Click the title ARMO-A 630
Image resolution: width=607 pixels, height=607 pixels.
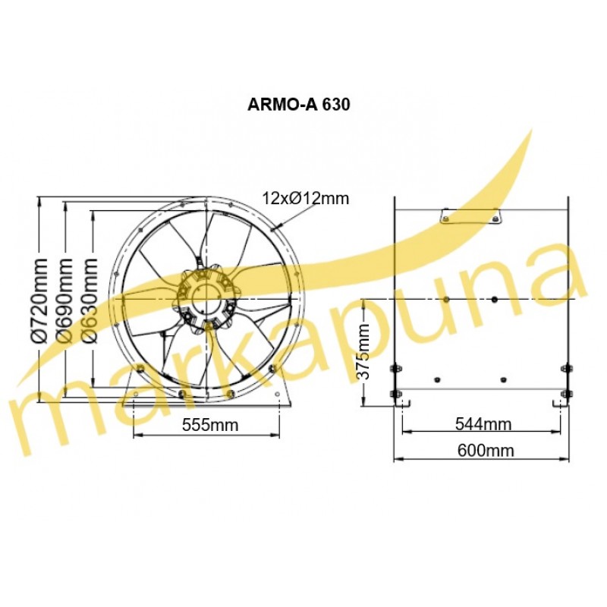click(x=298, y=105)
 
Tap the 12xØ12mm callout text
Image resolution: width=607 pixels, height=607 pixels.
click(x=306, y=198)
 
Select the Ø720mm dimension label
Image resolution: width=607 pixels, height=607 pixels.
click(x=39, y=300)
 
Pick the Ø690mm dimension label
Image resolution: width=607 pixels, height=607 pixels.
click(x=64, y=300)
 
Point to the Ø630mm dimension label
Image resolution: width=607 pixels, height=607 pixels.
click(x=90, y=300)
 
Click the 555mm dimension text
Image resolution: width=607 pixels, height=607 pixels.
click(x=210, y=425)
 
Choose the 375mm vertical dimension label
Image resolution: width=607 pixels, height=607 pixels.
click(x=363, y=351)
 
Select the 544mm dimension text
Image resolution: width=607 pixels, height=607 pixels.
click(x=483, y=424)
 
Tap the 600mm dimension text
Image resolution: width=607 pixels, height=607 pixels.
click(x=486, y=450)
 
